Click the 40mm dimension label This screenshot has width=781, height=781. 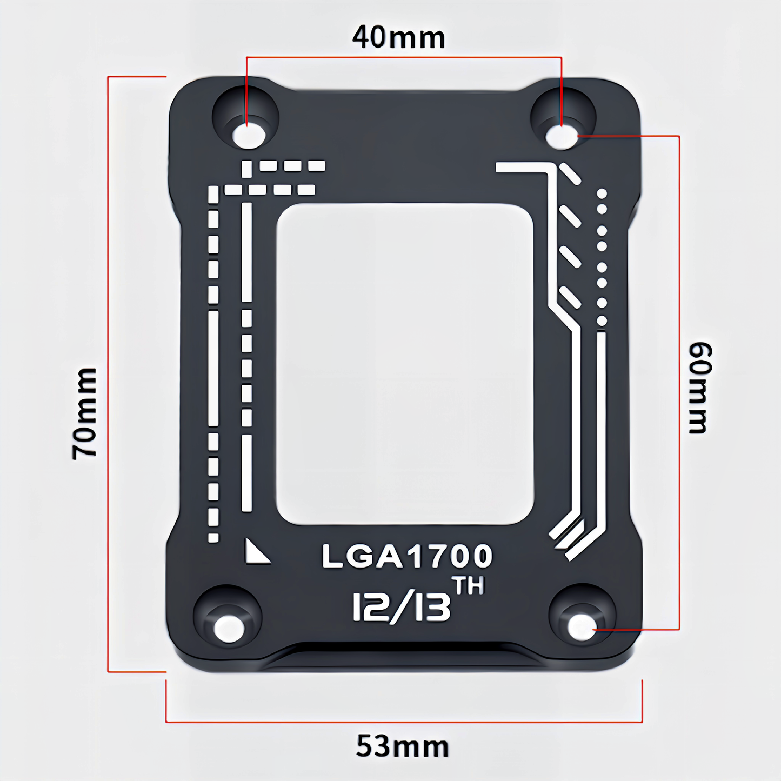coord(398,38)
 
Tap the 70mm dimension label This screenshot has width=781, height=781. coord(85,414)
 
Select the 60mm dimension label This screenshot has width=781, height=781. coord(700,388)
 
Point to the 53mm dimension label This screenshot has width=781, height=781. coord(403,746)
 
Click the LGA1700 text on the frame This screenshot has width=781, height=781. coord(408,556)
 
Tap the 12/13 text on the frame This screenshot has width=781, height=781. coord(402,608)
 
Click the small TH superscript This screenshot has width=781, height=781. coord(468,586)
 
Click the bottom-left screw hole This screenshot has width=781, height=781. coord(229,628)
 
